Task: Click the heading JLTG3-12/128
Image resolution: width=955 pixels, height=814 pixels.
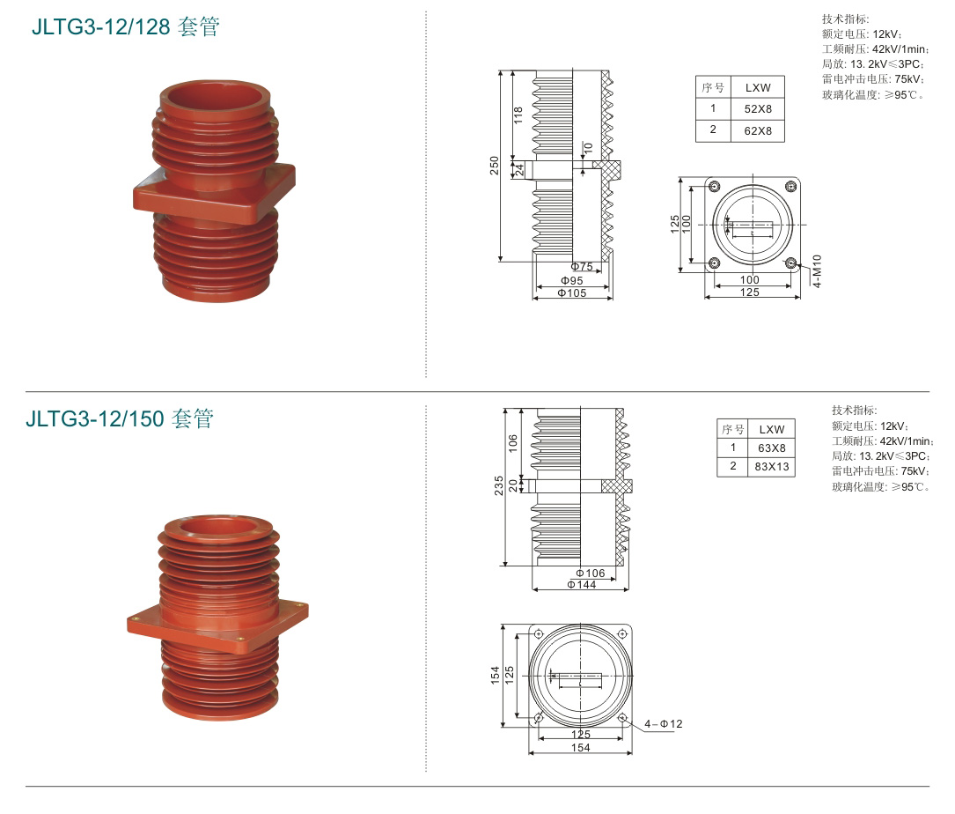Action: pos(100,26)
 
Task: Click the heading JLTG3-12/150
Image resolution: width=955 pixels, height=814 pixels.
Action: pos(94,418)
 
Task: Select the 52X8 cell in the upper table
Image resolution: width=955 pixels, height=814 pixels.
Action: pos(758,109)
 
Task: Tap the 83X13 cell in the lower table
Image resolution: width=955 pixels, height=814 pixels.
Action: pos(772,466)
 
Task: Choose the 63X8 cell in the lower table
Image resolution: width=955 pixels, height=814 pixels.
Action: pos(772,448)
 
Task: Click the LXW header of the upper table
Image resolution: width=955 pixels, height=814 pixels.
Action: pos(758,88)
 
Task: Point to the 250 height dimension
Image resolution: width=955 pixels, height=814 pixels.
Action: pos(494,166)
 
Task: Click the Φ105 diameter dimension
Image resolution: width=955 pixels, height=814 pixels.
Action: pos(572,293)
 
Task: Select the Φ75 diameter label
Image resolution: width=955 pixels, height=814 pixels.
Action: pos(582,266)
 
